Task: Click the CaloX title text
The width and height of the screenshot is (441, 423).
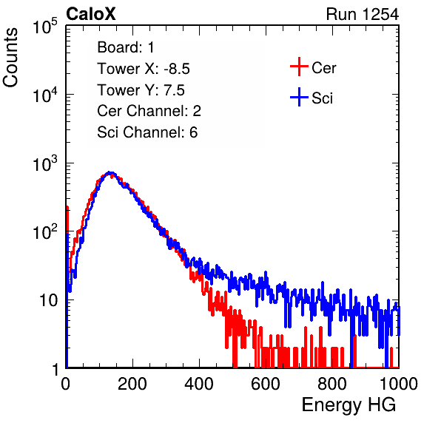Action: (x=91, y=14)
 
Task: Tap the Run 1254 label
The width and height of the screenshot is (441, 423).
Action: (x=363, y=14)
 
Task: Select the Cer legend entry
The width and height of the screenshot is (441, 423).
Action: (x=313, y=67)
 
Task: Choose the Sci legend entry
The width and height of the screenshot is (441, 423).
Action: (x=312, y=98)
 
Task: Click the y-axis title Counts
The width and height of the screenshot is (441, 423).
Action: (x=10, y=58)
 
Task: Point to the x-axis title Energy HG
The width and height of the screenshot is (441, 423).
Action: (x=349, y=405)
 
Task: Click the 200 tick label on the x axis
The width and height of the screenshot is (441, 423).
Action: (x=132, y=384)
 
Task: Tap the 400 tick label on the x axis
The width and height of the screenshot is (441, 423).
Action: (x=199, y=384)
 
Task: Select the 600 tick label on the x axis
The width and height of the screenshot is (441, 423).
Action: (x=266, y=384)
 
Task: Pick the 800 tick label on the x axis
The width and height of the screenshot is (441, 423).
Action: (x=332, y=384)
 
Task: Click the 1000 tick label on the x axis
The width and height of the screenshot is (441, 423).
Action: (x=399, y=384)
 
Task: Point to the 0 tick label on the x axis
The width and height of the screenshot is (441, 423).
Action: (x=66, y=384)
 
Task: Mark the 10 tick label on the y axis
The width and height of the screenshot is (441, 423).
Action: (x=49, y=300)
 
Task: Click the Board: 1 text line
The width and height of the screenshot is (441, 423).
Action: (x=126, y=47)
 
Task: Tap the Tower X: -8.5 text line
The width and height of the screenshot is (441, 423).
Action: (x=144, y=69)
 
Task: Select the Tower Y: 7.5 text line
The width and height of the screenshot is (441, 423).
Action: (x=141, y=90)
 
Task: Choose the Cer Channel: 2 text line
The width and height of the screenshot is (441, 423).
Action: (x=149, y=111)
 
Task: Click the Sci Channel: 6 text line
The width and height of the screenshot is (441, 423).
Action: (x=147, y=132)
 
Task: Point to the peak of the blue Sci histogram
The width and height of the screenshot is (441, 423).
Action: (x=110, y=172)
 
